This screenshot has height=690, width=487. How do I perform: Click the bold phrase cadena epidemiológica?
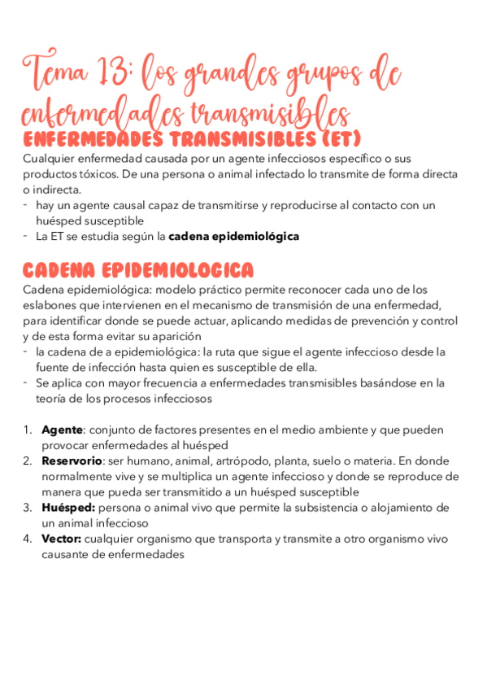(x=233, y=237)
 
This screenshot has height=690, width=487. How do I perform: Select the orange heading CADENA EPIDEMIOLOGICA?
(x=137, y=270)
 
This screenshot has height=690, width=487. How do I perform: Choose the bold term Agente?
(x=62, y=430)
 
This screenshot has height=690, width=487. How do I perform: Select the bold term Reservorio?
(x=72, y=461)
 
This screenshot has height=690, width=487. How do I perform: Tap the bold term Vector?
(x=62, y=539)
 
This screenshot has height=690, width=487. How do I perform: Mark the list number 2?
(x=27, y=461)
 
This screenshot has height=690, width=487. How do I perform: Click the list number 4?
(x=27, y=539)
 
